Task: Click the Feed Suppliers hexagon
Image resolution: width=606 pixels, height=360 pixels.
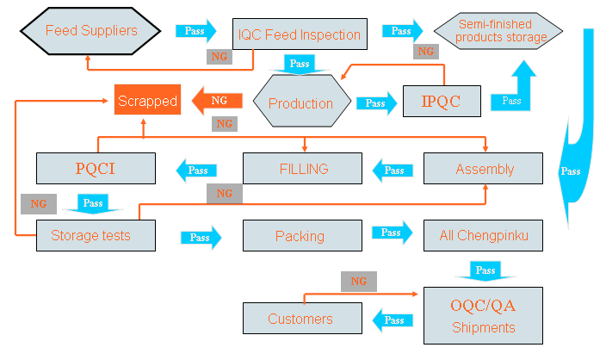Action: [x=91, y=32]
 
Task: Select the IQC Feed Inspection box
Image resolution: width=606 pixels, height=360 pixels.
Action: [x=300, y=34]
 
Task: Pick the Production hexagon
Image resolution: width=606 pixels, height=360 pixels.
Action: [x=301, y=103]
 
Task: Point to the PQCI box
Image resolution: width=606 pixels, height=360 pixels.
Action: [x=95, y=168]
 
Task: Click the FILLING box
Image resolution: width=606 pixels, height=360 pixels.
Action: [x=303, y=169]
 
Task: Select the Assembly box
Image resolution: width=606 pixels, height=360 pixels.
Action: [x=484, y=169]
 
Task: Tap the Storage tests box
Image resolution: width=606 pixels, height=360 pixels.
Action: [x=95, y=235]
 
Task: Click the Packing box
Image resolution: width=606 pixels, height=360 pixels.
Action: [x=300, y=235]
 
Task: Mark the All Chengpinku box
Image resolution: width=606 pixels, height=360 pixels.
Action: [x=483, y=234]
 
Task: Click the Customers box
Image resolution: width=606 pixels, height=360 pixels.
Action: [x=300, y=320]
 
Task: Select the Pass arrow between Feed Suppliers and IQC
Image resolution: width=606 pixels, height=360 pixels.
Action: [x=195, y=31]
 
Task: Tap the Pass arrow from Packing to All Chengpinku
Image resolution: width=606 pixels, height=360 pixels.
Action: [x=392, y=233]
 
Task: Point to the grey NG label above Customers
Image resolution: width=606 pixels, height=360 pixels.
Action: [x=359, y=282]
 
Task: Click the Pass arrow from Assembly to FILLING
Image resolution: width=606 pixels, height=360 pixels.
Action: [x=393, y=170]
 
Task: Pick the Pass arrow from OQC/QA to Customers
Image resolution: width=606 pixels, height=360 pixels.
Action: [x=393, y=320]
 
